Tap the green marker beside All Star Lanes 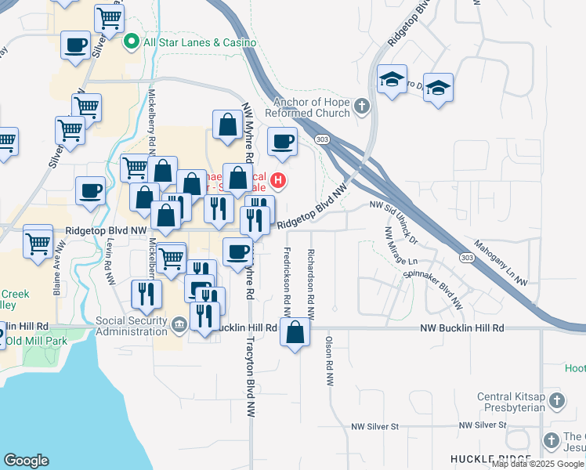coord(132,41)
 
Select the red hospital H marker coord(277,183)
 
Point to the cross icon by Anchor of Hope coord(361,106)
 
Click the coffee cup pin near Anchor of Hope coord(282,142)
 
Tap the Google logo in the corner coord(26,461)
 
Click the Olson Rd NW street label coord(329,361)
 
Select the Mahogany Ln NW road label coord(501,262)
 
